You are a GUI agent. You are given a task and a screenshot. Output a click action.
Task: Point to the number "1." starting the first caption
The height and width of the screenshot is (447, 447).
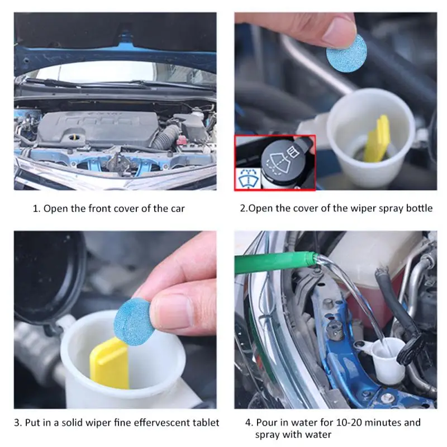click(37, 208)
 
